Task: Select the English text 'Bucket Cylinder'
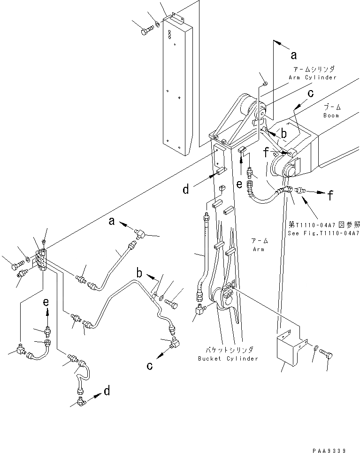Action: (228, 359)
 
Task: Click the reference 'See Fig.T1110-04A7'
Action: (324, 233)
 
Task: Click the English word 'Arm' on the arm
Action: (258, 249)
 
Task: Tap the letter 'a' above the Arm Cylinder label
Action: (294, 55)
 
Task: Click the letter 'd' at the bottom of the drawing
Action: (107, 391)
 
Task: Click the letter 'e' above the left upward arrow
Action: (46, 303)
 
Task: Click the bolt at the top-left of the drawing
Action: (145, 31)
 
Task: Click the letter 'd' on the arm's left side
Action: (187, 190)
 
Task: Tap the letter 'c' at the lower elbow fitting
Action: (150, 366)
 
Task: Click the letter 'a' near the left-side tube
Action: (112, 221)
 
